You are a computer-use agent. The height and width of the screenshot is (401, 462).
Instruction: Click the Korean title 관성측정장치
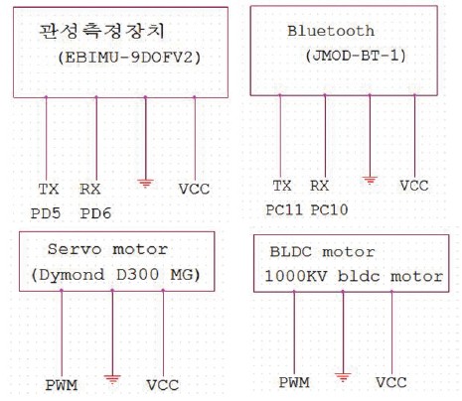click(101, 32)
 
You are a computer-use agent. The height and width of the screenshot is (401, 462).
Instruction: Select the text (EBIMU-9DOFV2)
click(129, 58)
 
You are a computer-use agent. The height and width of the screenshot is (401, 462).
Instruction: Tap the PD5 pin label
click(46, 213)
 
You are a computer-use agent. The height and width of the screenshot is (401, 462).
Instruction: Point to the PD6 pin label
click(95, 213)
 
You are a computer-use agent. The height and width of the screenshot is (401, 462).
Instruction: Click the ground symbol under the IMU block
click(145, 183)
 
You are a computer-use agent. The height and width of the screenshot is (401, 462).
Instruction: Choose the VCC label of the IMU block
click(194, 189)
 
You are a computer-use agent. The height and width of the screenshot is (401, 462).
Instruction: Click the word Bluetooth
click(331, 31)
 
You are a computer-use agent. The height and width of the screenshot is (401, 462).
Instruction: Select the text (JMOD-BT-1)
click(356, 56)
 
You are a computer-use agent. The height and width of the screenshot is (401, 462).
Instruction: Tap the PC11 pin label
click(284, 209)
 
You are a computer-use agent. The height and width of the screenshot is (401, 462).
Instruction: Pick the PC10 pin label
click(330, 209)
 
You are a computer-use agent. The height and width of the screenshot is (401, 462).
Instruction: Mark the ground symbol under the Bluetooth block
click(370, 180)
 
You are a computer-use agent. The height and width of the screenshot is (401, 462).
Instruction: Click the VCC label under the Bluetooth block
click(414, 186)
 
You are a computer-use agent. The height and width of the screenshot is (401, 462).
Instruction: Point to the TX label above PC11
click(282, 186)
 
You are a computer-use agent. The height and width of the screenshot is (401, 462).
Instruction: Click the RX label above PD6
click(90, 189)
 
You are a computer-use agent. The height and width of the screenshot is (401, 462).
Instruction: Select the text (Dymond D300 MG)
click(116, 275)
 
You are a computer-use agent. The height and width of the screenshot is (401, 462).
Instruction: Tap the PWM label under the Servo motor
click(62, 385)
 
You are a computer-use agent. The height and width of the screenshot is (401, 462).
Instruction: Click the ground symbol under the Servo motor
click(112, 379)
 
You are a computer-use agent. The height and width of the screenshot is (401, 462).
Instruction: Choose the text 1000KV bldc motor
click(354, 276)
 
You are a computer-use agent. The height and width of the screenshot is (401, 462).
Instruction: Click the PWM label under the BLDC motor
click(294, 382)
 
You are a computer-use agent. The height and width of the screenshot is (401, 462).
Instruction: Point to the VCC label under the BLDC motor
click(391, 382)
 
